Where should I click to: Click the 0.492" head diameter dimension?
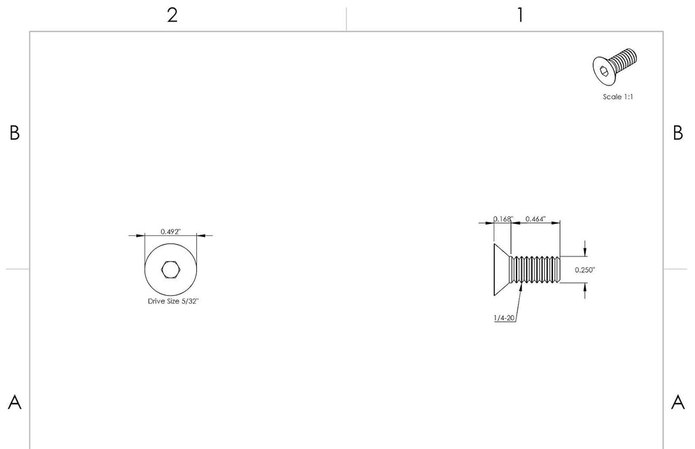click(170, 231)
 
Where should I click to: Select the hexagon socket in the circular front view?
click(170, 269)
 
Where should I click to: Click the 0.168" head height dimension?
click(503, 219)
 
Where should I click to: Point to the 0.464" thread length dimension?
click(536, 219)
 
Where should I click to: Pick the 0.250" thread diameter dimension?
click(585, 270)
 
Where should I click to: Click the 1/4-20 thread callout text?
click(504, 317)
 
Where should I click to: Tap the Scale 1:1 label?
click(618, 96)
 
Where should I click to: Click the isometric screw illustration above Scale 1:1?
click(615, 66)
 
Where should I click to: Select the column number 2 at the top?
click(172, 16)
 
